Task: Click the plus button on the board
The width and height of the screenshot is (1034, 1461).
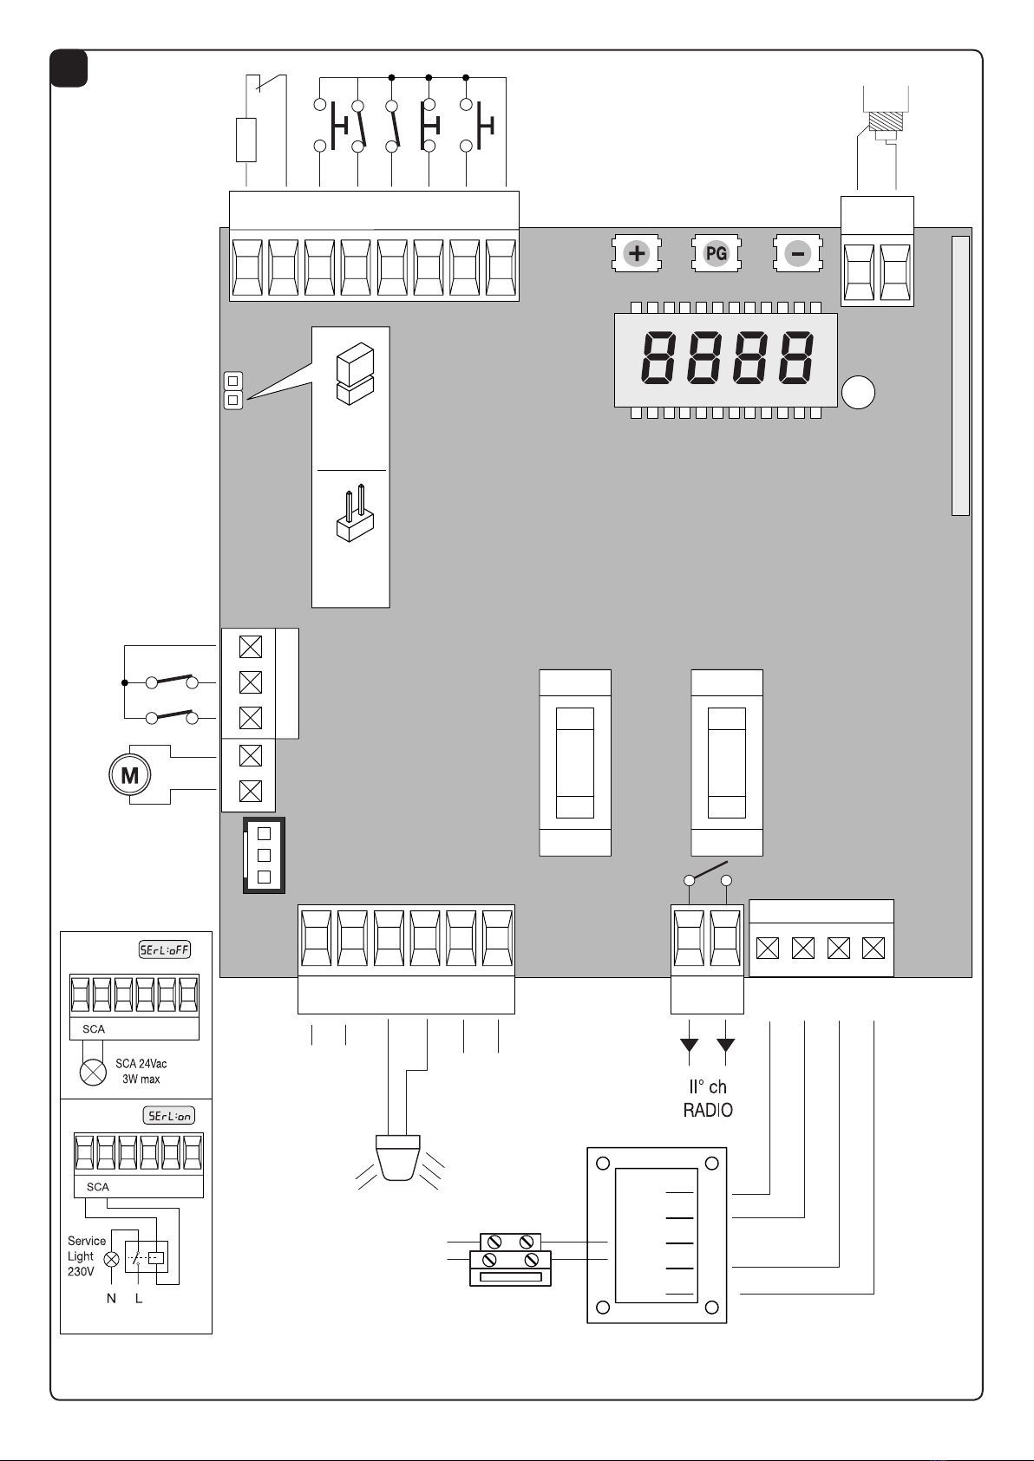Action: coord(637,253)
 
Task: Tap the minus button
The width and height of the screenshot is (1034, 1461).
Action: coord(797,253)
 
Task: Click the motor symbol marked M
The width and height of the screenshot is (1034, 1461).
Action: coord(130,775)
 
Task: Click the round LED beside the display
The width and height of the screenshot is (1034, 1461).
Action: coord(858,393)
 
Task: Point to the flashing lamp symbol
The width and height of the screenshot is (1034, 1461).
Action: coord(398,1162)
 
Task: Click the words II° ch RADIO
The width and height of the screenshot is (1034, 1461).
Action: coord(708,1099)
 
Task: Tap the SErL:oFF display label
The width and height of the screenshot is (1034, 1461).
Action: coord(165,949)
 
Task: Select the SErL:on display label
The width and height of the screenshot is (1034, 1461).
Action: coord(169,1115)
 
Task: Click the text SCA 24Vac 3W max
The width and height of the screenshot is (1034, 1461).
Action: coord(141,1071)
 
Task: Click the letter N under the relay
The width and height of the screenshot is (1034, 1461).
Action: coord(111,1298)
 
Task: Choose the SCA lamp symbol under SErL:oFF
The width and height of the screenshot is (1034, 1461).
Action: coord(93,1073)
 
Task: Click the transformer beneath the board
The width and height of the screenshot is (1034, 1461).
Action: coord(657,1236)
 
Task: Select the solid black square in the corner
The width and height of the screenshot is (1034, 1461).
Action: coord(69,68)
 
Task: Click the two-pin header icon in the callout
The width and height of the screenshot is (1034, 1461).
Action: coord(355,514)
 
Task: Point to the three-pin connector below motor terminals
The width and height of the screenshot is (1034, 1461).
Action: coord(264,854)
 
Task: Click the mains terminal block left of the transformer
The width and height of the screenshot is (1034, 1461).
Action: coord(511,1260)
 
